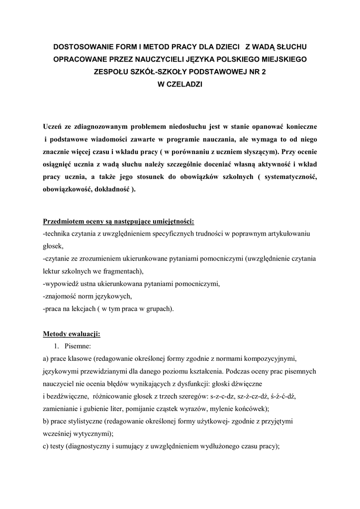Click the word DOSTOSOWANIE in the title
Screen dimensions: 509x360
point(84,48)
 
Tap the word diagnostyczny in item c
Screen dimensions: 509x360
point(87,446)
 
